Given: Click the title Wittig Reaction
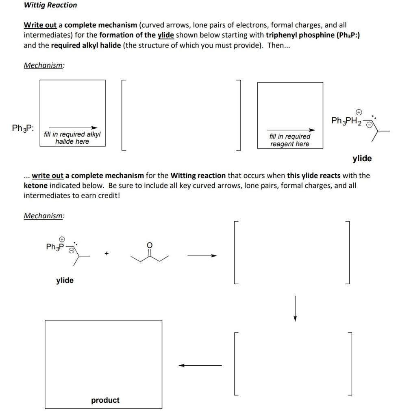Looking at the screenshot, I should click(50, 5).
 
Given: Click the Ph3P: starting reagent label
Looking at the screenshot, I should click(23, 128).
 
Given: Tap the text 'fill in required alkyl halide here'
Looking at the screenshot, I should click(72, 138).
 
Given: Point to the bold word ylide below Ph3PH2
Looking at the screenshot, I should click(361, 158).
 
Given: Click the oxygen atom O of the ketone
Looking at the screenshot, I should click(149, 245).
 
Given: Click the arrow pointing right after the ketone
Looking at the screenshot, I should click(202, 256).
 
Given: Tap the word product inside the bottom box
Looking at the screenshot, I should click(105, 400).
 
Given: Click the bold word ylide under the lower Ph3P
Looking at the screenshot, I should click(65, 280).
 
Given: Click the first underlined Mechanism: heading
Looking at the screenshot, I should click(43, 66).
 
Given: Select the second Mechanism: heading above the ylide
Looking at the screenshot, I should click(43, 216).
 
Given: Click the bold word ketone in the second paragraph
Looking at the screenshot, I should click(36, 185).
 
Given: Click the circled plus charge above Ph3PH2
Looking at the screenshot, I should click(359, 111).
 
